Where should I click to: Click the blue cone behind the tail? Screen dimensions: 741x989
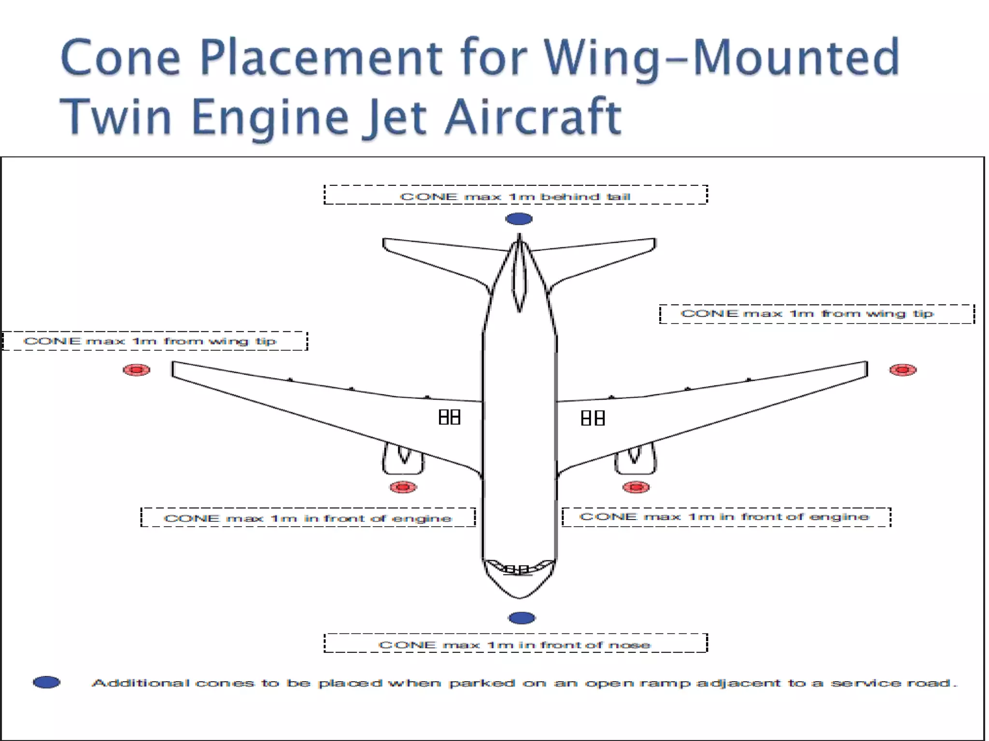pos(519,219)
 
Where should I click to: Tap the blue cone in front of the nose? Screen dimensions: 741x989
pos(522,618)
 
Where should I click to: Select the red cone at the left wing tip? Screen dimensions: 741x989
pos(137,370)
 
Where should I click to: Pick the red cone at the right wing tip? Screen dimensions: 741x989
pos(903,370)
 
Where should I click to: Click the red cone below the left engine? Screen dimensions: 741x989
pos(403,487)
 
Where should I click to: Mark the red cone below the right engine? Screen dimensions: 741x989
pos(636,487)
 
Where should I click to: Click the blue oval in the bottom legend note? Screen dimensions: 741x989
pos(47,682)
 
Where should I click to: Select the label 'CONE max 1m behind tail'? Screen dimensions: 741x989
pos(515,195)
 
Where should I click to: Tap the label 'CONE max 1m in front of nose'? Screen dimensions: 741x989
pos(515,644)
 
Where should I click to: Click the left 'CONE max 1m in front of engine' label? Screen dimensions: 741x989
pos(308,518)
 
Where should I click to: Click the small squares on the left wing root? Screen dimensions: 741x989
pos(449,417)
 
